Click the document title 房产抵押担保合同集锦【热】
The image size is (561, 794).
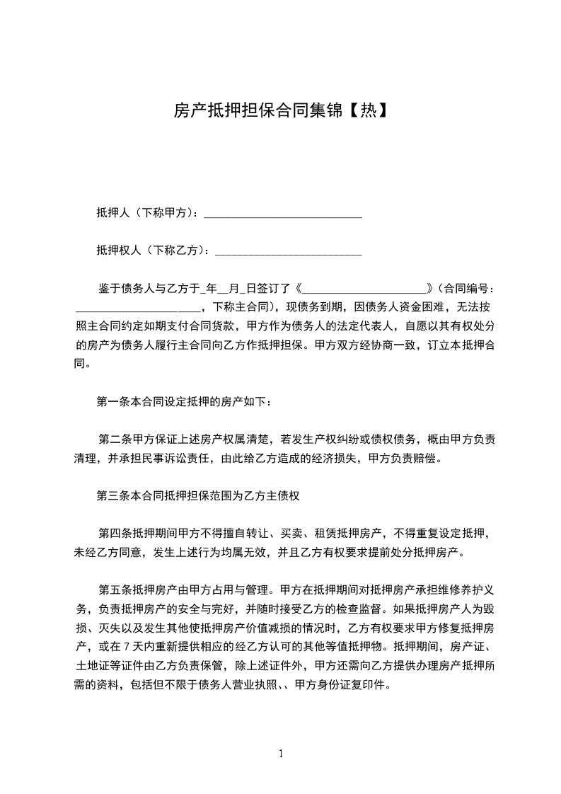[x=280, y=110]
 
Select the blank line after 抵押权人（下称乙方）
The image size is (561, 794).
[x=288, y=251]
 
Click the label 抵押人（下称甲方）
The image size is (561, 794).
[x=147, y=213]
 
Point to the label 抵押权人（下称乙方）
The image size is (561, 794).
[x=152, y=250]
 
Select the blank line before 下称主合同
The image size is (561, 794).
[x=138, y=308]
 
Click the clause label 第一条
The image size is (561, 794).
[x=113, y=402]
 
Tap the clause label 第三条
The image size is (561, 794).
[x=113, y=496]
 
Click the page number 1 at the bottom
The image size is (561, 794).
[x=281, y=753]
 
